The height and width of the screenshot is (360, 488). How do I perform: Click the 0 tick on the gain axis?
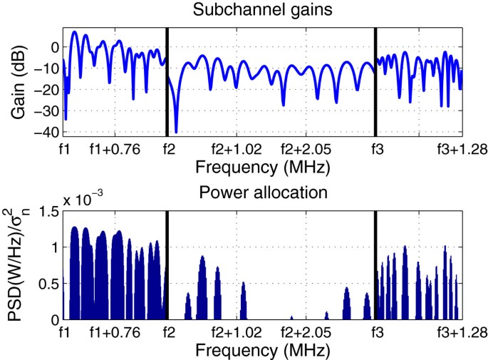coord(53,47)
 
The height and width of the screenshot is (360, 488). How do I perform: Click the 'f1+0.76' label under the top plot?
coord(113,150)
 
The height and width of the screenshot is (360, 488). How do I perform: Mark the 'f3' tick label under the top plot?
coord(375,150)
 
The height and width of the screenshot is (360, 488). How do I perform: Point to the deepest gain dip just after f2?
coord(176,131)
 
